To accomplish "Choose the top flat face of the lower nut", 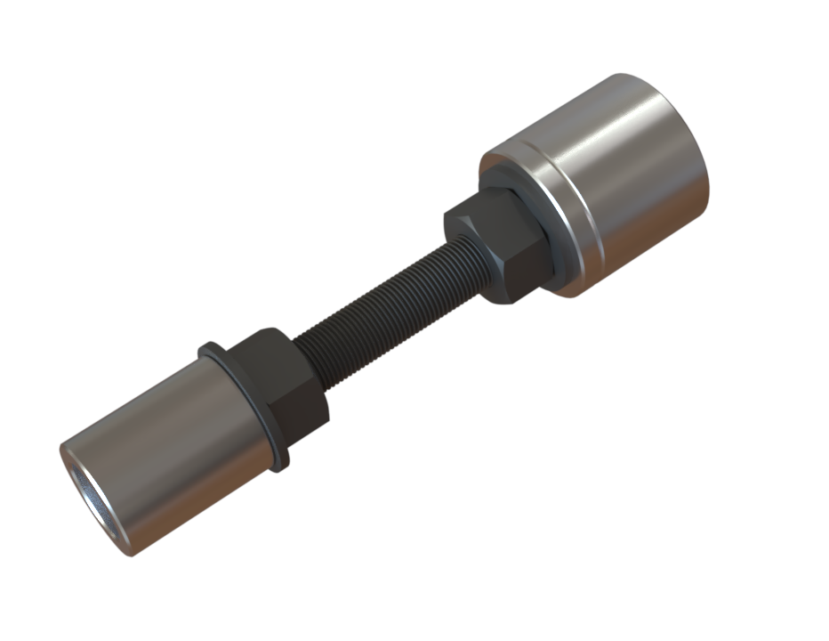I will [267, 343].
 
